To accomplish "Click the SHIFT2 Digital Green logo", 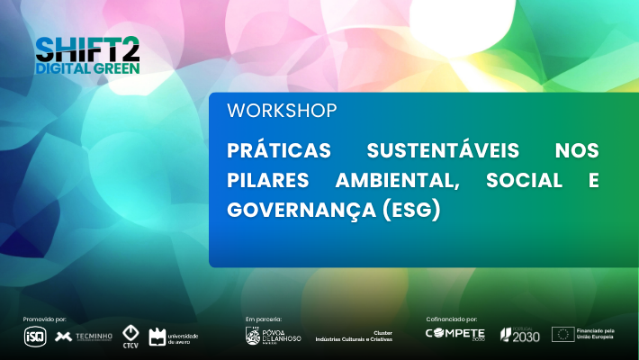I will (x=87, y=54).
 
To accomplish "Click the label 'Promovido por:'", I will (x=45, y=319).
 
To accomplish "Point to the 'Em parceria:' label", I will (x=264, y=319).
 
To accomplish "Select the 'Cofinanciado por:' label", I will (x=451, y=319).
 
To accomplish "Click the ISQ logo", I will (x=34, y=337).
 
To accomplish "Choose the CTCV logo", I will (x=130, y=336).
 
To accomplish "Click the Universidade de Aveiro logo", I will (x=173, y=337).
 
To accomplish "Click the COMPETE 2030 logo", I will (x=455, y=335).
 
